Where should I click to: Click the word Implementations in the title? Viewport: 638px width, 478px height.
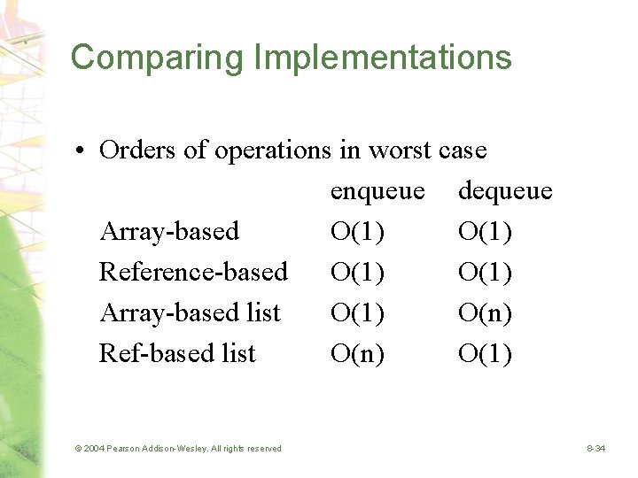383,58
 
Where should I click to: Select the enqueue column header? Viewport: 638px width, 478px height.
377,191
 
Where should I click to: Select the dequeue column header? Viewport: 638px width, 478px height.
505,191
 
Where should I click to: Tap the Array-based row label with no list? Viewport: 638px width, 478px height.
169,232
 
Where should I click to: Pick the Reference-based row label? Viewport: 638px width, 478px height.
193,272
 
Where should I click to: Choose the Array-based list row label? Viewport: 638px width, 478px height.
190,312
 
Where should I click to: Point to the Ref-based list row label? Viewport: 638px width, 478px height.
177,353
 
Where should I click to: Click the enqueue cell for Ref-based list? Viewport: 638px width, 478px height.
357,354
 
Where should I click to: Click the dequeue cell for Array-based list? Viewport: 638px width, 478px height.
485,313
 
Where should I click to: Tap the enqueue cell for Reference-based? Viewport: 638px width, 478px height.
357,273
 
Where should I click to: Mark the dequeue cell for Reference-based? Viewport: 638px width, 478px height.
485,273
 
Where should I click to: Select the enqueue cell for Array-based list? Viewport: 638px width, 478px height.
357,313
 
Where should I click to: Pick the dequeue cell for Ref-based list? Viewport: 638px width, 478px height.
485,354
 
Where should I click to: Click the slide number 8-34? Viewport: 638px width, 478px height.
595,449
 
